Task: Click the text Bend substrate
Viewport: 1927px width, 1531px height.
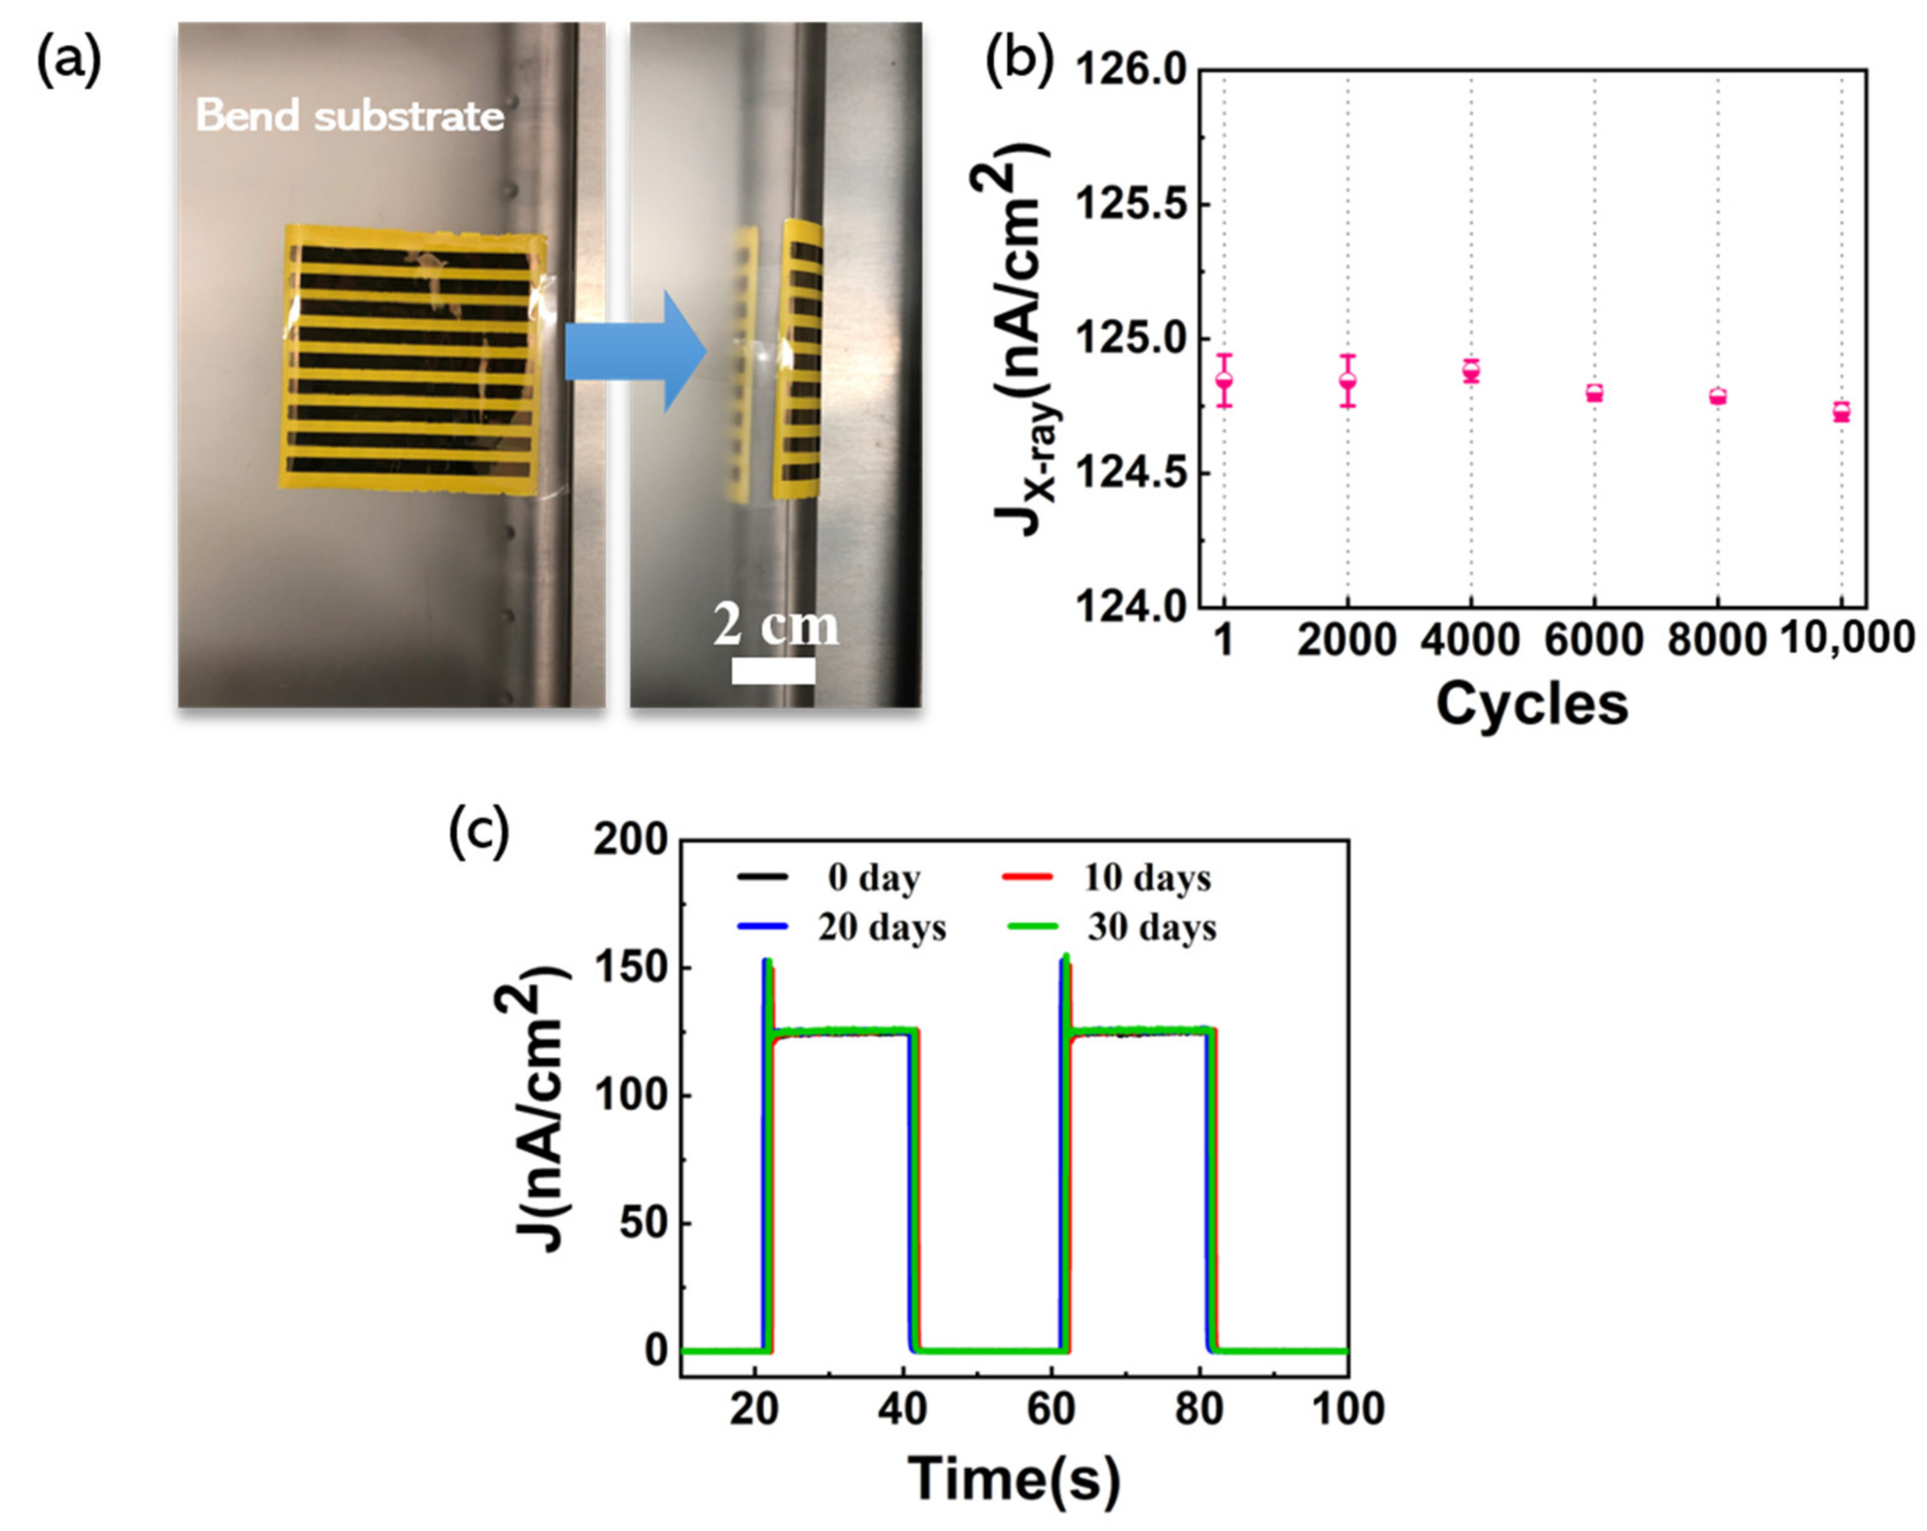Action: (x=350, y=116)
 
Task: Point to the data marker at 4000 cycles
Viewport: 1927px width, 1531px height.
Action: (x=1471, y=371)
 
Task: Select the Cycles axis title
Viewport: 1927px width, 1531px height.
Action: (x=1532, y=704)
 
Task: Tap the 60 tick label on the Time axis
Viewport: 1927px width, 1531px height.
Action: (x=1050, y=1409)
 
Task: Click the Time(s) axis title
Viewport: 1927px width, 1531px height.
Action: (x=1014, y=1479)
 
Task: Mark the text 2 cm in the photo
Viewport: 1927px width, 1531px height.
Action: (x=776, y=625)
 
